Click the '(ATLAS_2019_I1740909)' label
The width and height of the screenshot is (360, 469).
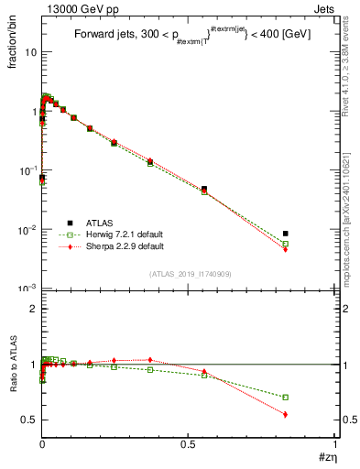click(190, 274)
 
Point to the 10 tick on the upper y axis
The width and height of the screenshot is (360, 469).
click(31, 52)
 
